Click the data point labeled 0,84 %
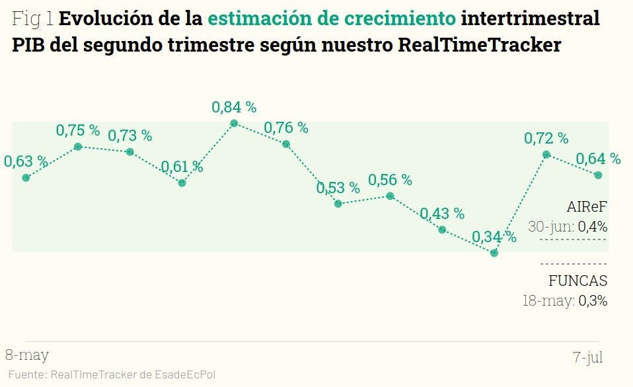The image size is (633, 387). point(234,123)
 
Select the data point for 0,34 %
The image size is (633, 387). point(494,253)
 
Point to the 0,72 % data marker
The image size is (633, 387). point(546,154)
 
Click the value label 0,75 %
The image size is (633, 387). point(78,130)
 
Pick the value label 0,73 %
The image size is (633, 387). point(130,136)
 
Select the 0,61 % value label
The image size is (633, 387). point(182,167)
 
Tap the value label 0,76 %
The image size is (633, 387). point(286,128)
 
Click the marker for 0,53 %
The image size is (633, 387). point(338,204)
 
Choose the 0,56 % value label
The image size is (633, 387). point(390,179)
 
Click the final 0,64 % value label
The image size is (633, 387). point(598,159)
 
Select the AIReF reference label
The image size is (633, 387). point(587,206)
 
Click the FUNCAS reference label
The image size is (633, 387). point(577,280)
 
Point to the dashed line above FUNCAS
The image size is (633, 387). point(573,264)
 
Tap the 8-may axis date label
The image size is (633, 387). point(27,355)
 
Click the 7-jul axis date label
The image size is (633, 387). point(587,357)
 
